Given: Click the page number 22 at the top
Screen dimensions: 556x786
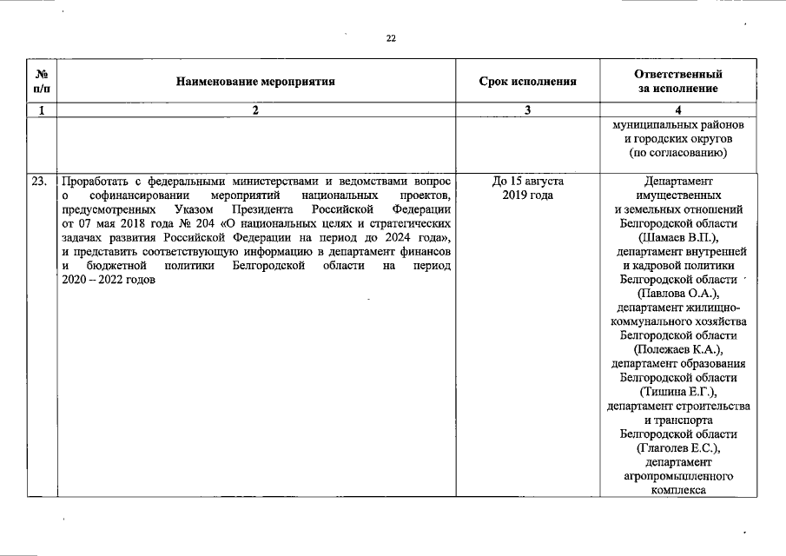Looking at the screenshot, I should pos(391,38).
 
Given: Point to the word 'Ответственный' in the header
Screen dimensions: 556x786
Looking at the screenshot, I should pos(677,75).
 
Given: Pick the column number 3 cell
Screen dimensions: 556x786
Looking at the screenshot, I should pos(527,110).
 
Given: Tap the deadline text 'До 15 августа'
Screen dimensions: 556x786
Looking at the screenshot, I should pos(527,182).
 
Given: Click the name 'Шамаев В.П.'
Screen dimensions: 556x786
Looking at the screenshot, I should pos(678,237).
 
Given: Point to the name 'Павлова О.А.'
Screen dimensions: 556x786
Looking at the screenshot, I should pos(678,294).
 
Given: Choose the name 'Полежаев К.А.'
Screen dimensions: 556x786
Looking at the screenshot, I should pos(678,349).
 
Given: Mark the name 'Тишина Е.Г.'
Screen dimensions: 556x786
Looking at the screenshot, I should pos(678,392).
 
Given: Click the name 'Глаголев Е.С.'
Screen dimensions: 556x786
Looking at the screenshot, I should pos(678,448).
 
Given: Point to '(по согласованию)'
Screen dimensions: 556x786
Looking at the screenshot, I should pos(678,153).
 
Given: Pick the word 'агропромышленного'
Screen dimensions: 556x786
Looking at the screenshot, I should pos(678,476).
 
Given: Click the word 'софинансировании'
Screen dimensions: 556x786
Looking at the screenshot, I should pos(129,195).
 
